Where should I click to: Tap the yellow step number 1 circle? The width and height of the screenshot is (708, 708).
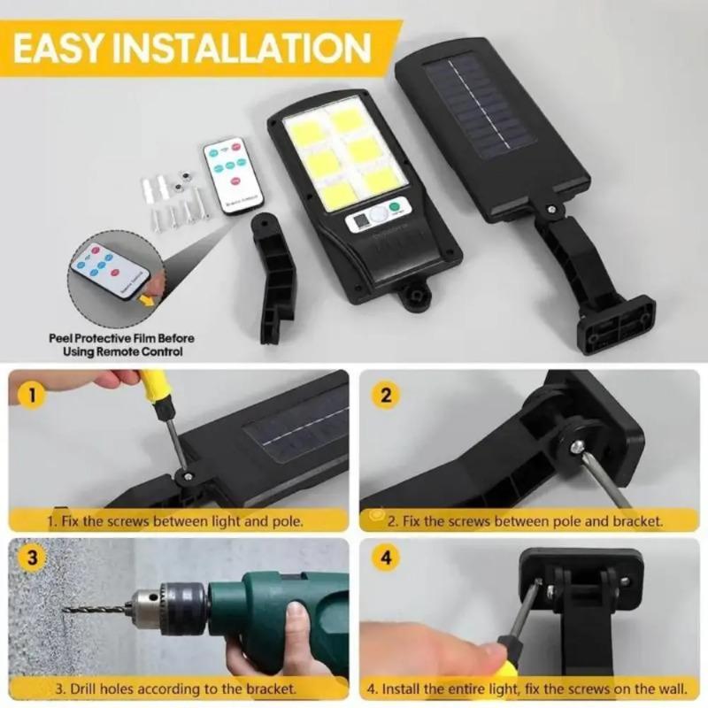pyautogui.click(x=32, y=395)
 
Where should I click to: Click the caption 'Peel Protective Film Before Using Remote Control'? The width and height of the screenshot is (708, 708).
pyautogui.click(x=122, y=344)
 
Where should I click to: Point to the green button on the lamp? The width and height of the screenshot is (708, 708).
pyautogui.click(x=395, y=209)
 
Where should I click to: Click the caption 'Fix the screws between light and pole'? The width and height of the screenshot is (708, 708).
pyautogui.click(x=177, y=521)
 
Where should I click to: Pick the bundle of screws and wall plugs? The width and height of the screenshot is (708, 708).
pyautogui.click(x=177, y=199)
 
